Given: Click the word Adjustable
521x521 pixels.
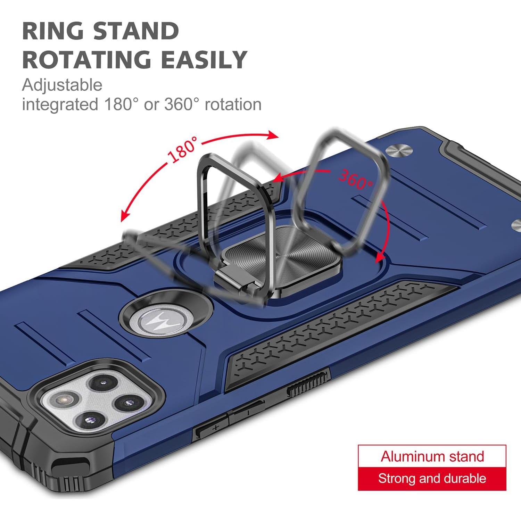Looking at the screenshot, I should tap(62, 85).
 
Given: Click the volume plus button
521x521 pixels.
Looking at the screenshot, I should tap(211, 427).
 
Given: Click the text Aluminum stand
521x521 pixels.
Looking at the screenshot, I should tap(432, 456).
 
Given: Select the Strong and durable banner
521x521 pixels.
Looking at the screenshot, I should tap(432, 479).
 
